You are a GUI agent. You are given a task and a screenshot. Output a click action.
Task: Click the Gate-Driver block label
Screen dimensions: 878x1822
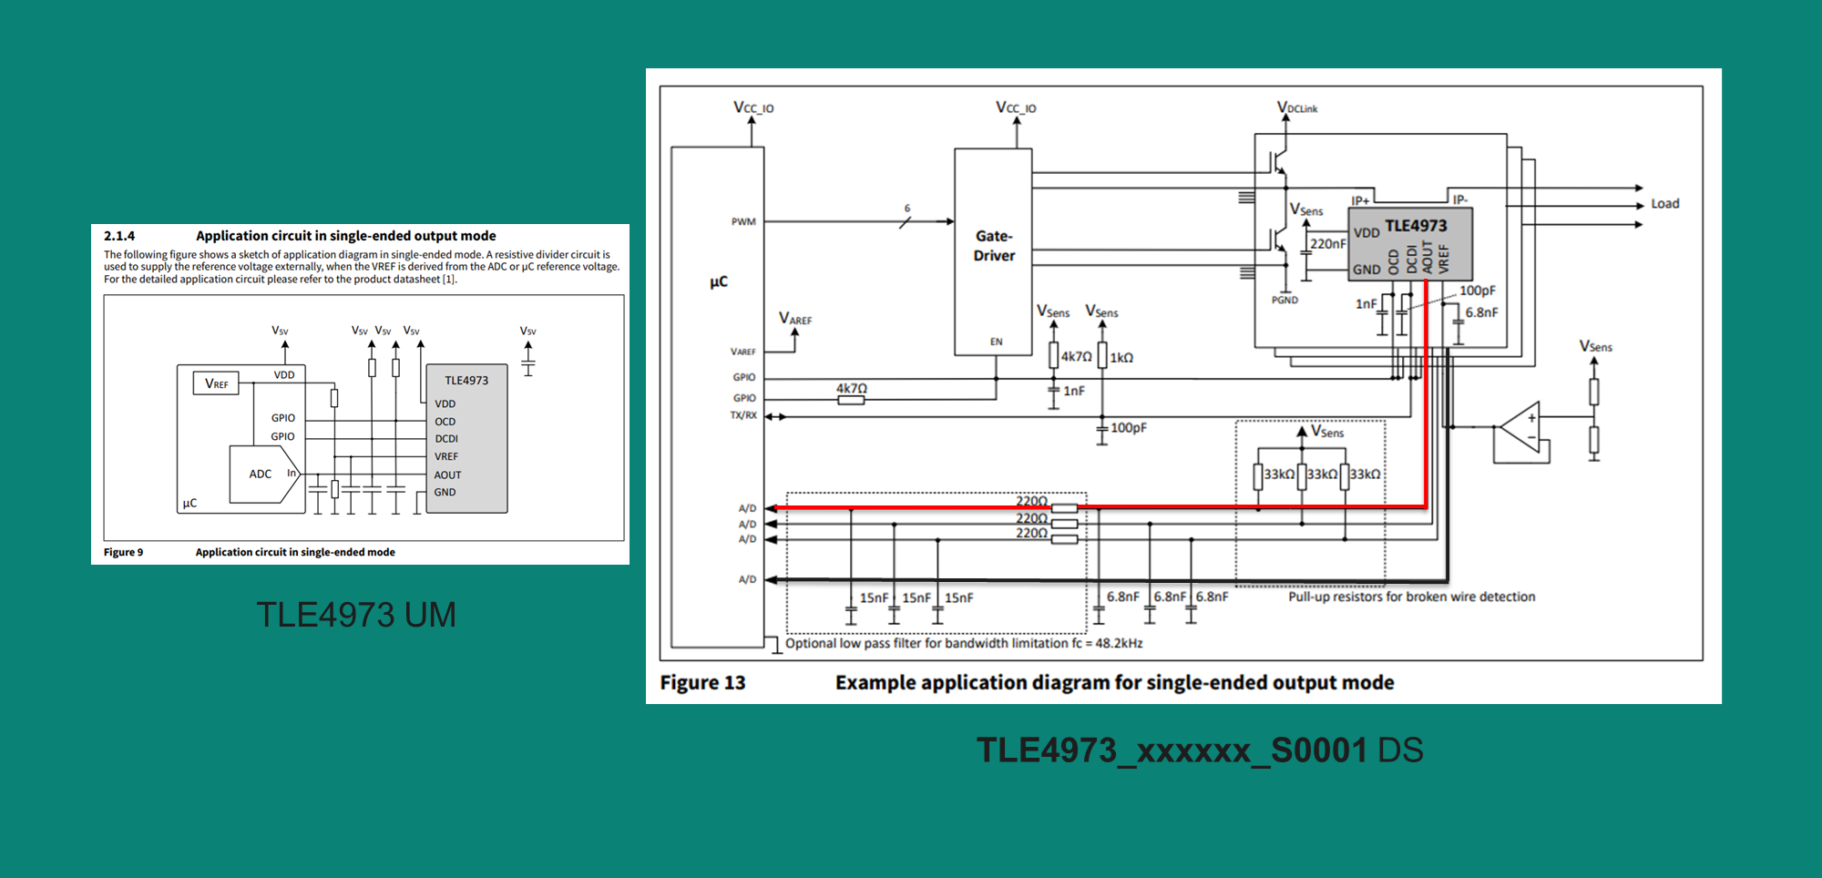coord(993,246)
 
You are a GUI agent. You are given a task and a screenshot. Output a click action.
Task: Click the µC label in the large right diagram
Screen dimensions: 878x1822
coord(719,281)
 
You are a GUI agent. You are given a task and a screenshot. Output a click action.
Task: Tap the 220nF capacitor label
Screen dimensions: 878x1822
coord(1327,244)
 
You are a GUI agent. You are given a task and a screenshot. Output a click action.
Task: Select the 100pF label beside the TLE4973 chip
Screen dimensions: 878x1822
coord(1477,291)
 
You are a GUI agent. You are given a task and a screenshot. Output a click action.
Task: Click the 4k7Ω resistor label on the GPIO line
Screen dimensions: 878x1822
coord(852,388)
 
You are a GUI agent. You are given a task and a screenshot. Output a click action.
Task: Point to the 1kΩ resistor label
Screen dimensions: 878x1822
coord(1121,358)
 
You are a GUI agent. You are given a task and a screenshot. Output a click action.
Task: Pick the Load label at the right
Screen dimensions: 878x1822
coord(1664,204)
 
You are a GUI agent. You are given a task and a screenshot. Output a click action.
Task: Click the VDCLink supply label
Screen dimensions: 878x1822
coord(1297,107)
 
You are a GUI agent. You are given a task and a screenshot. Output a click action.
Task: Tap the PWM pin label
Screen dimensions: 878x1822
coord(743,221)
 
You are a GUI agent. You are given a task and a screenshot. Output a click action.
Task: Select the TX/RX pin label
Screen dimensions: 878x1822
coord(743,415)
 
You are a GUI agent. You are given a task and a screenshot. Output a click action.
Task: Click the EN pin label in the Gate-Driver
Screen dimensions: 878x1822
coord(996,342)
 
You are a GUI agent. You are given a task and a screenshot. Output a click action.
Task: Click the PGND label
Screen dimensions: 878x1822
coord(1285,300)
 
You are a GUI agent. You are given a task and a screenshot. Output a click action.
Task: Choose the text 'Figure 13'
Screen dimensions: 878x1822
coord(702,682)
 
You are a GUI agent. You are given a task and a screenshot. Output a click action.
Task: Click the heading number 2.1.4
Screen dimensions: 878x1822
coord(119,236)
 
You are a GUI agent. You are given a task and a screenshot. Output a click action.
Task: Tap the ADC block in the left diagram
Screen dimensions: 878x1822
coord(261,474)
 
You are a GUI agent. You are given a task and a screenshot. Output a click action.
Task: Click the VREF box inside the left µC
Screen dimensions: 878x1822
coord(216,383)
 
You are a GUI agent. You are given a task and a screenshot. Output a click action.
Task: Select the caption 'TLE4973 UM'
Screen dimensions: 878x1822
coord(356,615)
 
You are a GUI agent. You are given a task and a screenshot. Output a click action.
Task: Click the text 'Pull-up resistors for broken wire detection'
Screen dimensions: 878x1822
coord(1411,597)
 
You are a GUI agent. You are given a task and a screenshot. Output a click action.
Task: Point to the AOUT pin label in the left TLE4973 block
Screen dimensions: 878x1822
coord(447,475)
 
